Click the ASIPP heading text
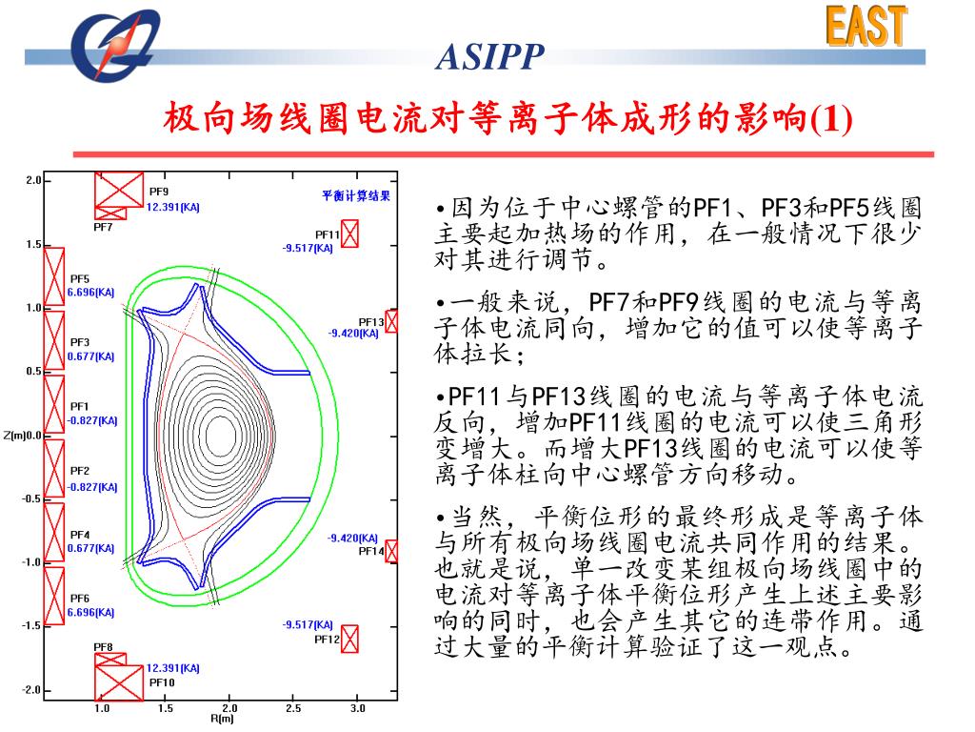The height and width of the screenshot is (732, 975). coord(489,59)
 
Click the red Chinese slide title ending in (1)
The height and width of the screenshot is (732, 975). coord(508,120)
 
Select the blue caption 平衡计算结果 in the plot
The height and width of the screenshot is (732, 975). coord(356,195)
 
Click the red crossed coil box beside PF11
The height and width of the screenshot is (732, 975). coord(350,234)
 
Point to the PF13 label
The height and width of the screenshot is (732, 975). coord(370,322)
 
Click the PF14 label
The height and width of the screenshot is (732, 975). coord(370,551)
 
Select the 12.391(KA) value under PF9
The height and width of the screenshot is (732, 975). coord(172,206)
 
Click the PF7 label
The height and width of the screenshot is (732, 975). coord(103,228)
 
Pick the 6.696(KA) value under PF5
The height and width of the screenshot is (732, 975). coord(90,293)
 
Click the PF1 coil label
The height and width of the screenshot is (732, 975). coord(79,406)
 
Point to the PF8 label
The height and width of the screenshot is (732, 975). coord(103,647)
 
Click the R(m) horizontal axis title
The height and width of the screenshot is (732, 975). coord(221,719)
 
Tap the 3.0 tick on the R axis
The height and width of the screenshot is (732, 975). coord(357,709)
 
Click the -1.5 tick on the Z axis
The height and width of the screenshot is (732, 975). coord(31,626)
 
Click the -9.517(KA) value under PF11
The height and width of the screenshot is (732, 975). coord(308,248)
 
